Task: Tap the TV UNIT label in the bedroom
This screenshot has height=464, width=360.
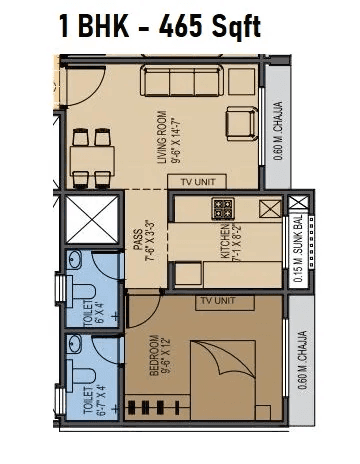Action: [217, 300]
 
